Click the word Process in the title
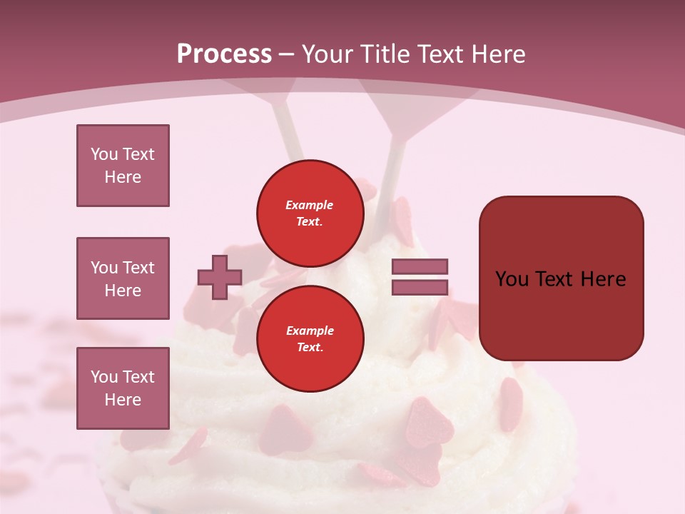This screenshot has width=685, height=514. click(224, 54)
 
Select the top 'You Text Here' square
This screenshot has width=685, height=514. click(123, 166)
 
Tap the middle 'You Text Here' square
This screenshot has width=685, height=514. click(123, 278)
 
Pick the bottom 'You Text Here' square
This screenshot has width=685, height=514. click(123, 388)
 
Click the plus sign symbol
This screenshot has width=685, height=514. click(220, 278)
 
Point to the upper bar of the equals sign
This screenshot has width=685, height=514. click(420, 266)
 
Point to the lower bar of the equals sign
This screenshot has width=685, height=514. click(420, 288)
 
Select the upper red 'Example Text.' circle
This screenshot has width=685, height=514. click(310, 213)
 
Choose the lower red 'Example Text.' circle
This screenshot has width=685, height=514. click(310, 339)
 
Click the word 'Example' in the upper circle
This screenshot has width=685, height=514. click(310, 205)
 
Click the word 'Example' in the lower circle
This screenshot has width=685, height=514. click(310, 331)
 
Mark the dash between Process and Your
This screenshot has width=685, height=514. click(287, 54)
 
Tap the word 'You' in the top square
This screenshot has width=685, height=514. click(104, 154)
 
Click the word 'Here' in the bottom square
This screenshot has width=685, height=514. click(123, 400)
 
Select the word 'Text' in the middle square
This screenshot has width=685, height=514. click(138, 268)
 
